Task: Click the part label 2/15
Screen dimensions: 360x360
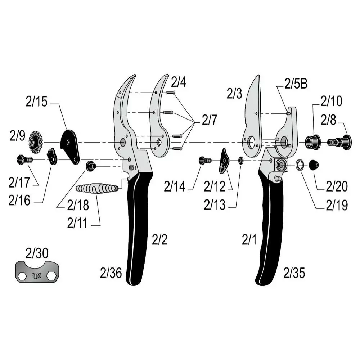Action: click(x=36, y=102)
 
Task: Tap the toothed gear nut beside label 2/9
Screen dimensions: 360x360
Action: click(x=36, y=142)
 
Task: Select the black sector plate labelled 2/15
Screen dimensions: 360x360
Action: click(x=70, y=147)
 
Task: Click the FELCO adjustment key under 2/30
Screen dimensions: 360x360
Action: click(x=37, y=272)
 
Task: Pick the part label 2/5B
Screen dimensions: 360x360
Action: click(x=296, y=84)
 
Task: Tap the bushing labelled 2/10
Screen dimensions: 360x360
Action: click(x=312, y=142)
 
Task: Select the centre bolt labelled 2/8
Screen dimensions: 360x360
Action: click(x=339, y=142)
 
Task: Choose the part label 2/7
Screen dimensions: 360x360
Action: click(x=210, y=120)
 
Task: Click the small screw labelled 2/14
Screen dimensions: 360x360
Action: click(x=205, y=160)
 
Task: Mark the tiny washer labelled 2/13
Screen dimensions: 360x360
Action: click(x=240, y=160)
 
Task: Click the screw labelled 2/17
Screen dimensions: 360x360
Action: click(x=25, y=159)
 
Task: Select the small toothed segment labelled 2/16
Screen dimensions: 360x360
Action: click(x=52, y=157)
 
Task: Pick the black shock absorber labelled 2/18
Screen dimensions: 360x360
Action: click(x=91, y=166)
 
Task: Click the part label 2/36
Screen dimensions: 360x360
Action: click(x=111, y=273)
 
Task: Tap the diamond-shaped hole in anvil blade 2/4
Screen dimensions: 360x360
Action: click(x=158, y=142)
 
